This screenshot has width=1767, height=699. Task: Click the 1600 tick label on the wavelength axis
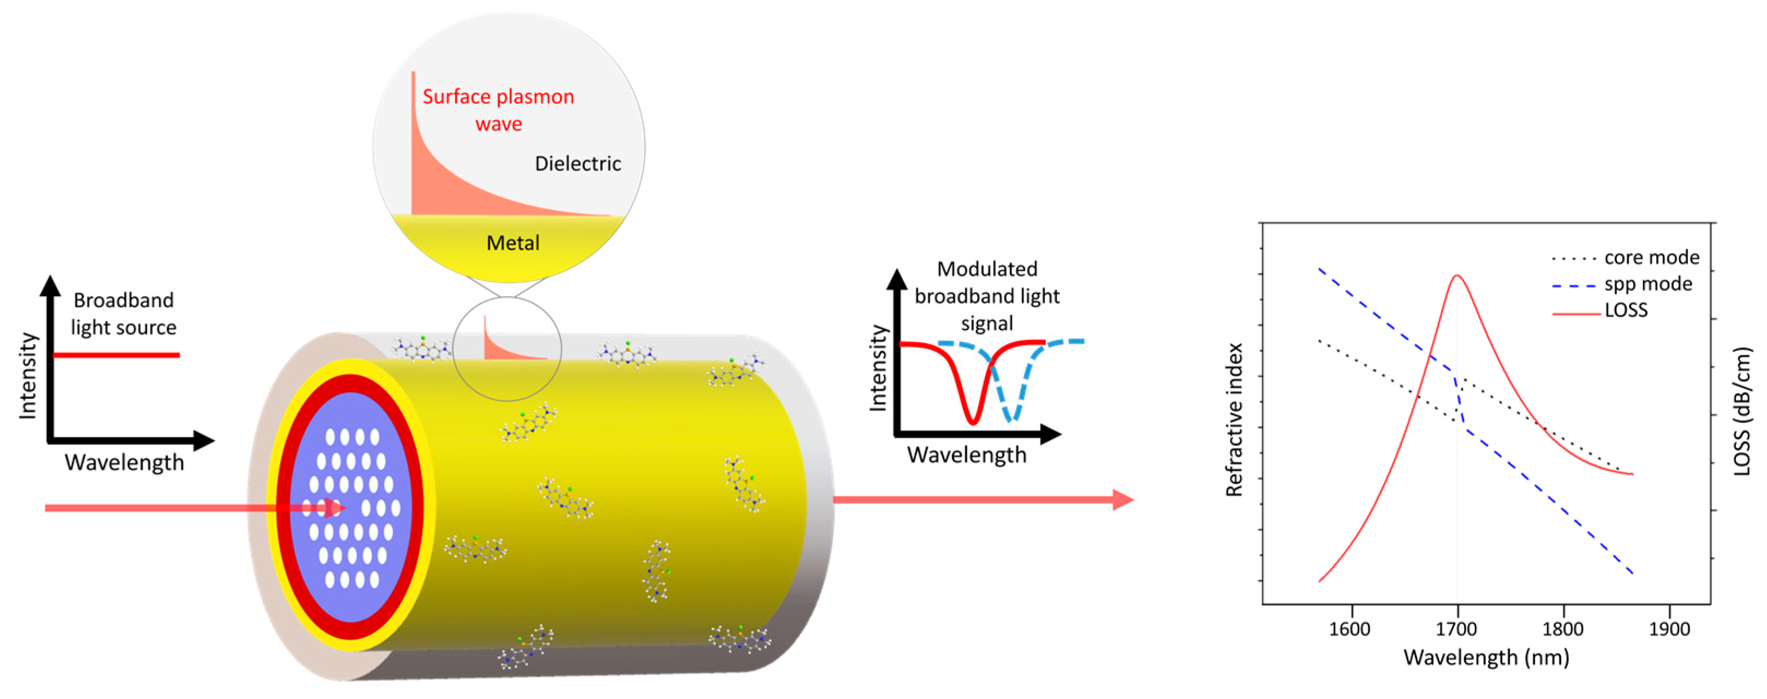coord(1349,629)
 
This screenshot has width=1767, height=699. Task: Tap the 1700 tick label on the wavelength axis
coord(1456,629)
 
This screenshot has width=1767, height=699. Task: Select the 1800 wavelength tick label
coord(1563,629)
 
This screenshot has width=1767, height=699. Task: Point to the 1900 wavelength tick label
coord(1669,629)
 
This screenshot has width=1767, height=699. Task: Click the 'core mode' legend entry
coord(1651,257)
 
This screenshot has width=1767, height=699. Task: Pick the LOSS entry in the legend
coord(1626,310)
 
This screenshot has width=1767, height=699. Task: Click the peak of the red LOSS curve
coord(1456,276)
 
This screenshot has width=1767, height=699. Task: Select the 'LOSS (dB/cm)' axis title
coord(1742,412)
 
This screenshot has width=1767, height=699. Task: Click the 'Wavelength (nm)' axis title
coord(1486,657)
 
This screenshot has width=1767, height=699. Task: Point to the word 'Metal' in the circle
coord(513,243)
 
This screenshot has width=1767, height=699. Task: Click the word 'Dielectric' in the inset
coord(578,163)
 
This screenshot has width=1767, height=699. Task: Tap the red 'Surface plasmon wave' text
coord(499,110)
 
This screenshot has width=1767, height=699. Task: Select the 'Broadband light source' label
coord(123,313)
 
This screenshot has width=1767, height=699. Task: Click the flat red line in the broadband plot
coord(117,354)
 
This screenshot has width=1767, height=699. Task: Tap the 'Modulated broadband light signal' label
coord(987,295)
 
